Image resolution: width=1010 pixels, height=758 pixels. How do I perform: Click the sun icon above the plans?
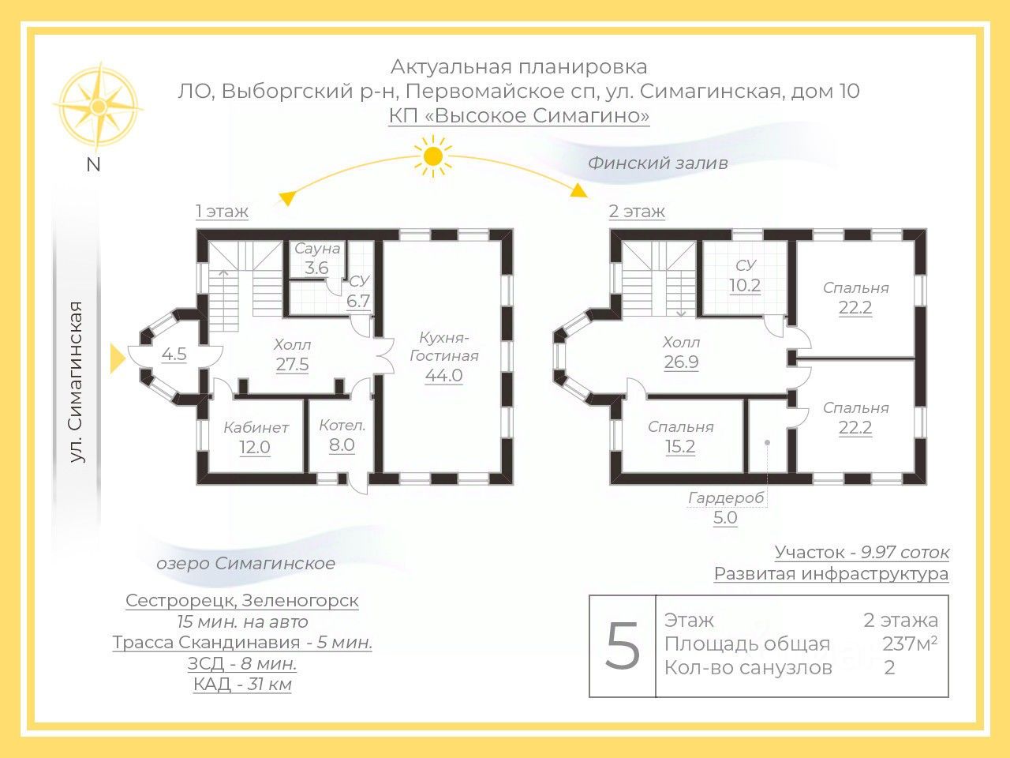click(x=432, y=156)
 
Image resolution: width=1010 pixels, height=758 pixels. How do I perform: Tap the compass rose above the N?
click(x=98, y=106)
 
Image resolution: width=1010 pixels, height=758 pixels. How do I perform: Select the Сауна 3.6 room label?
click(x=317, y=258)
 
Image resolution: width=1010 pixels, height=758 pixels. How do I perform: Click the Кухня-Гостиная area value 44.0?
click(x=443, y=375)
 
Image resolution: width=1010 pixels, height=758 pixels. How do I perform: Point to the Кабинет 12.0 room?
click(x=255, y=437)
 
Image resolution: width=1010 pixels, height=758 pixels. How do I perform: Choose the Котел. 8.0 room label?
click(x=342, y=435)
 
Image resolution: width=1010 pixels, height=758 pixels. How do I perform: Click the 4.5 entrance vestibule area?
click(x=174, y=354)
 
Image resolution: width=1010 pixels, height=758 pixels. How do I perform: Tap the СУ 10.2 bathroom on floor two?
click(x=745, y=276)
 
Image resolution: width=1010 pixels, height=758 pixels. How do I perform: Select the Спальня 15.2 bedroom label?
click(x=680, y=437)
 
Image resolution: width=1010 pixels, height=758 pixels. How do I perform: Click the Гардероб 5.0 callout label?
click(x=725, y=508)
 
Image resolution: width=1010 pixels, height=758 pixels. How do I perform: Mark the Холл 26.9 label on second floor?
click(x=681, y=352)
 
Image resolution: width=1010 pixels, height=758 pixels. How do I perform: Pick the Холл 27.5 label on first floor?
click(x=292, y=355)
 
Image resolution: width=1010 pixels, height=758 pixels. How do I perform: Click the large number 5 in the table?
click(x=623, y=646)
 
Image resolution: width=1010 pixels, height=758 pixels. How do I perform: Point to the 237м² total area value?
click(x=909, y=644)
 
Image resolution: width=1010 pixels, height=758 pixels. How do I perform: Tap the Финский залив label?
click(x=657, y=163)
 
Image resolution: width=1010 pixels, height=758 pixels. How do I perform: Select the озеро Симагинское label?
click(x=245, y=563)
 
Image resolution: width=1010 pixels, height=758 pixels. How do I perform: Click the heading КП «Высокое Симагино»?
click(x=518, y=116)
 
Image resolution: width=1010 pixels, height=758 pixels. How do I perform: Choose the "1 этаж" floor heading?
click(x=222, y=211)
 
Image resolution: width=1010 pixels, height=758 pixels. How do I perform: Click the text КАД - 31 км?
click(x=242, y=684)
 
